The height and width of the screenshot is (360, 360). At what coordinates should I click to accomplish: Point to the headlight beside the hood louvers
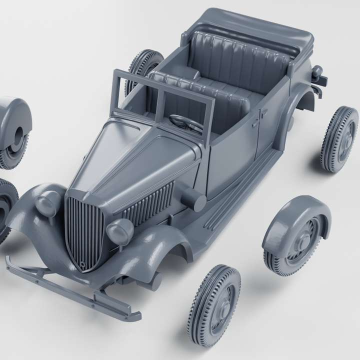click(120, 230)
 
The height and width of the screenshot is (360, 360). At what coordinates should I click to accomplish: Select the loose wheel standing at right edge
click(340, 138)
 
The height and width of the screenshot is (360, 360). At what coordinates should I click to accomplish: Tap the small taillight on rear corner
click(318, 73)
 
